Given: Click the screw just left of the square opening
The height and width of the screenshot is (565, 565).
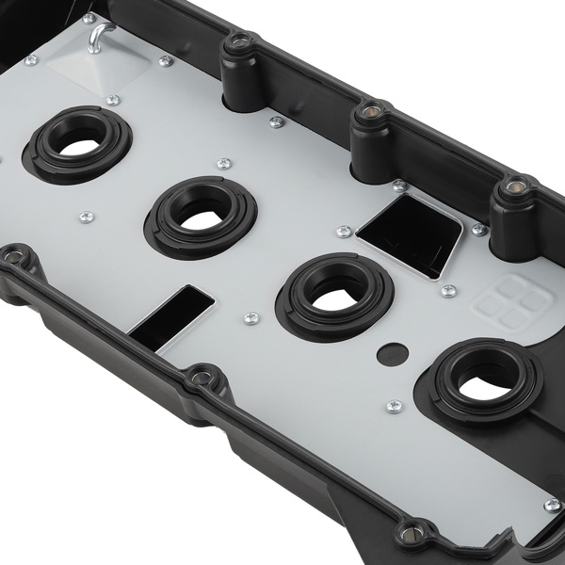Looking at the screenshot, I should (x=343, y=231).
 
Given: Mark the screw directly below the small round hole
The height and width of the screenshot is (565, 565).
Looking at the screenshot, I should (x=395, y=406).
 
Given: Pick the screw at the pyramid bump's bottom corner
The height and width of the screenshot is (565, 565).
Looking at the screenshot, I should (x=113, y=100).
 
